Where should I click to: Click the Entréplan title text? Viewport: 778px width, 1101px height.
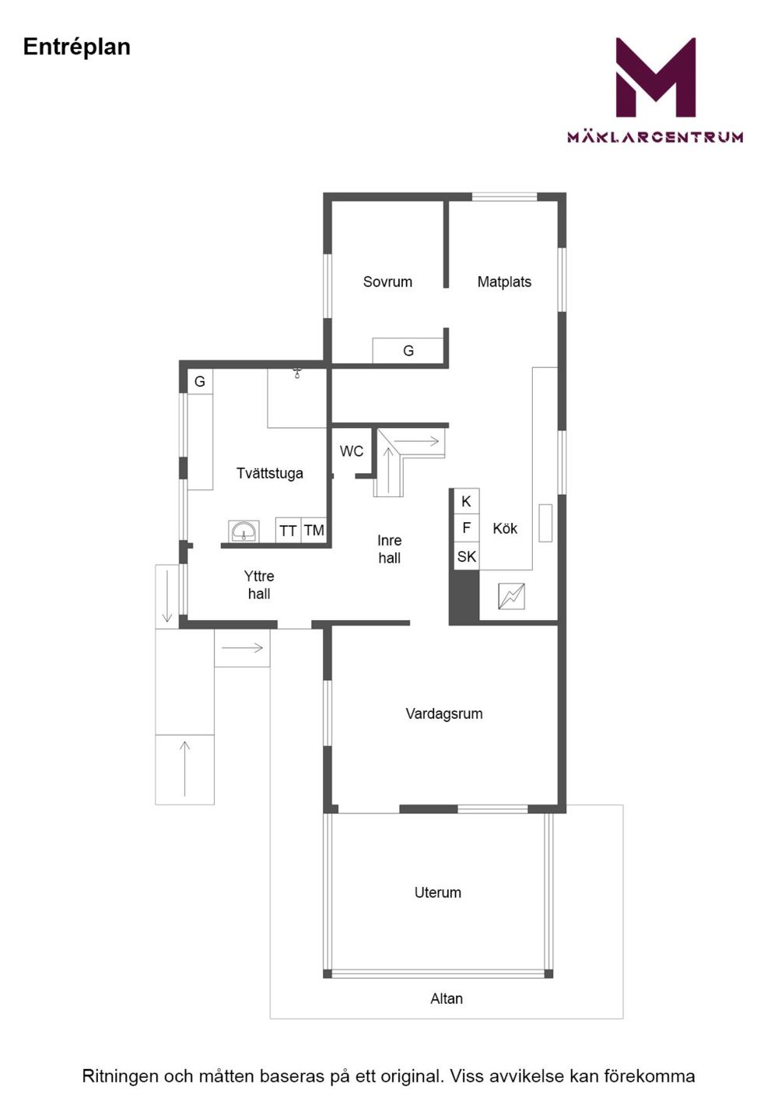pos(77,47)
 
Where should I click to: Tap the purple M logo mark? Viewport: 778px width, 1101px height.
pos(656,77)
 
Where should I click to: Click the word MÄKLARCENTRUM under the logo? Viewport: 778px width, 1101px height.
pos(655,136)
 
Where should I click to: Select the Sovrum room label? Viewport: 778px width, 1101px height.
pos(387,282)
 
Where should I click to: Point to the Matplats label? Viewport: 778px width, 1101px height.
pos(504,282)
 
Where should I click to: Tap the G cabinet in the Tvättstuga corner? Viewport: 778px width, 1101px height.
pos(200,381)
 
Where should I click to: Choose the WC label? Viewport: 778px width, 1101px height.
pos(352,451)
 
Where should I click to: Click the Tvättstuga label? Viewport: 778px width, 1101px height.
pos(270,473)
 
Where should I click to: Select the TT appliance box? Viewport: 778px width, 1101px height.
pos(288,531)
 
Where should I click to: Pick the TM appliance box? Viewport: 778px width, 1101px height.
pos(314,531)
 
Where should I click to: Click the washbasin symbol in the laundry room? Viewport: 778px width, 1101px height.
pos(244,531)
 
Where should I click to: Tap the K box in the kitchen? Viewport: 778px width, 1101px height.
pos(466,501)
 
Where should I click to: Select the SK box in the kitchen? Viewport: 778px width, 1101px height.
pos(466,556)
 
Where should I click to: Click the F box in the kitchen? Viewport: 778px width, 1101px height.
pos(466,528)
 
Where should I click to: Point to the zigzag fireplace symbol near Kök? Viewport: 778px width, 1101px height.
pos(511,596)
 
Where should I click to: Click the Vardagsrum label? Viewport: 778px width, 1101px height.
pos(443,714)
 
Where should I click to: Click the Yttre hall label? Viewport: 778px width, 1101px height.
pos(259,585)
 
